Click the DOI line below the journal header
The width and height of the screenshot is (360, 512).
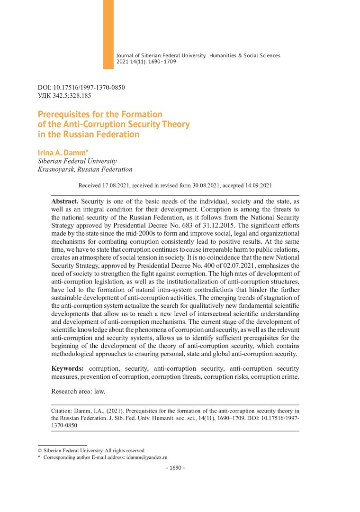tap(81, 87)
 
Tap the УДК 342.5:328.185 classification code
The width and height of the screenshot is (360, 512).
tap(64, 95)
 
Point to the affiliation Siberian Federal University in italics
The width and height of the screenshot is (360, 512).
tap(77, 161)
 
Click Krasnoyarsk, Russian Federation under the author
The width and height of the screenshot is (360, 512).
tap(85, 169)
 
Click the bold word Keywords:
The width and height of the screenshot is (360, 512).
tap(68, 368)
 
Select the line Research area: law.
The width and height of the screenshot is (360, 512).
tap(78, 392)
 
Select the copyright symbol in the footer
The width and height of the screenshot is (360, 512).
tap(40, 450)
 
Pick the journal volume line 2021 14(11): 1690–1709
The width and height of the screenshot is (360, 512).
tap(146, 62)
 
